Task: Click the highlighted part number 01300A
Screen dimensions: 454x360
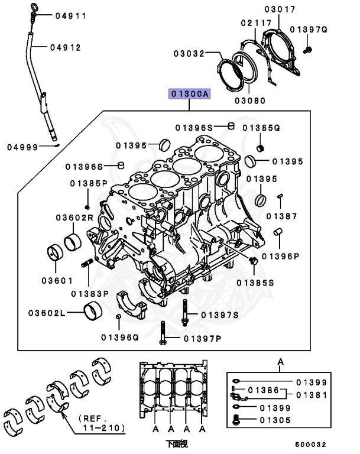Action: pos(190,94)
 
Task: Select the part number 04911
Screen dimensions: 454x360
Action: pos(71,16)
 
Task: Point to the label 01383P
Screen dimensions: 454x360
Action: pos(90,293)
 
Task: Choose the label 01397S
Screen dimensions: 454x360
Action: pos(219,314)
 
